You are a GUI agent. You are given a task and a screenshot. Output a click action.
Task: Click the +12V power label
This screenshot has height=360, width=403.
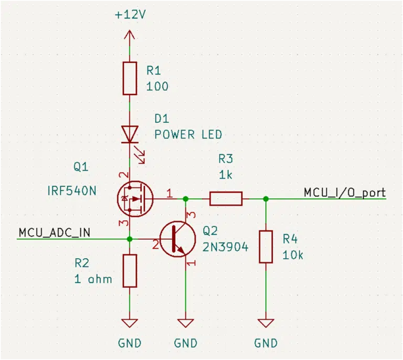[x=130, y=14]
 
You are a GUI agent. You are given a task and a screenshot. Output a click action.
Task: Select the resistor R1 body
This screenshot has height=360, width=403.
[x=130, y=78]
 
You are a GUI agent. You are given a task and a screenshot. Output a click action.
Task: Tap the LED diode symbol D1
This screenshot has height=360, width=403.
[x=130, y=134]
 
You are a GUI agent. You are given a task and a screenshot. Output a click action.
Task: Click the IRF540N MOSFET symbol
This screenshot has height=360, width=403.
[x=135, y=198]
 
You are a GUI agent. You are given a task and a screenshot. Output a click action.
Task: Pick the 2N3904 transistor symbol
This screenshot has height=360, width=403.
[x=177, y=239]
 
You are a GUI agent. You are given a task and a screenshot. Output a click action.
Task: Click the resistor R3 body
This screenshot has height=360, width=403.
[x=226, y=198]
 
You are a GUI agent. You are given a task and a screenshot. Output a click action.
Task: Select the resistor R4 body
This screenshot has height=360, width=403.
[x=266, y=247]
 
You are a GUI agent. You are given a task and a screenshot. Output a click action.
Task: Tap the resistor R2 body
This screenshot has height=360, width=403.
[x=130, y=271]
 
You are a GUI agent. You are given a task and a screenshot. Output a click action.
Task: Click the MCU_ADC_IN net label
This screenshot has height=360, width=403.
[x=55, y=233]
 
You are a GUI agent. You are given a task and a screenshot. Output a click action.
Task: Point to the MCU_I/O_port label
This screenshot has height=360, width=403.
[x=345, y=193]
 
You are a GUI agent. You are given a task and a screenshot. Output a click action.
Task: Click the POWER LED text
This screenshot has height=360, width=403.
[x=188, y=135]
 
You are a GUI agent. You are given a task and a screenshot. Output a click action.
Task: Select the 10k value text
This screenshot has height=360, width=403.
[x=293, y=255]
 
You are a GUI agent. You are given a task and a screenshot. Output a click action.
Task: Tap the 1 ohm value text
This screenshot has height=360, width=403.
[x=93, y=279]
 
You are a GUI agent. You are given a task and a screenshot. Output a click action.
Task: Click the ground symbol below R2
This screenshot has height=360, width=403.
[x=130, y=323]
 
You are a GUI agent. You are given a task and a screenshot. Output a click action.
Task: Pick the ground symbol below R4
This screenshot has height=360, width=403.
[x=266, y=323]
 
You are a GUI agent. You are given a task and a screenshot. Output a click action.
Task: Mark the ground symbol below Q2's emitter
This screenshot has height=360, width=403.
[x=186, y=323]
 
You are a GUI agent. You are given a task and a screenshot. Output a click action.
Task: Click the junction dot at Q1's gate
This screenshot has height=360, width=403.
[x=186, y=198]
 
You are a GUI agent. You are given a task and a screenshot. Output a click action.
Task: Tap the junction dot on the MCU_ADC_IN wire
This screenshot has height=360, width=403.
[x=130, y=239]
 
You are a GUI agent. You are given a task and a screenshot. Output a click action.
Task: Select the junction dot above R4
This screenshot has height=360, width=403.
[x=266, y=198]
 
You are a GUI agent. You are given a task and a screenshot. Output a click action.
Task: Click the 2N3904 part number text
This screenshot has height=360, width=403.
[x=226, y=247]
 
